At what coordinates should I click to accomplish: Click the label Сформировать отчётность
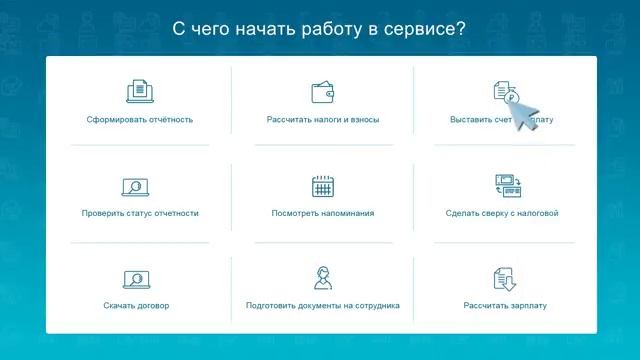tap(139, 120)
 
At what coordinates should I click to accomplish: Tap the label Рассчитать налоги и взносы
tap(322, 120)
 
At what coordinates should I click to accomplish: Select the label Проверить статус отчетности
tap(139, 213)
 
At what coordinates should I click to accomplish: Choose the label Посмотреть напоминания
tap(322, 213)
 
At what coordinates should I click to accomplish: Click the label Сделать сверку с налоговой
tap(502, 213)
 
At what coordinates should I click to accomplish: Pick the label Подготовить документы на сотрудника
tap(322, 305)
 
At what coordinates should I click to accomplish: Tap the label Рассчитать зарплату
tap(504, 305)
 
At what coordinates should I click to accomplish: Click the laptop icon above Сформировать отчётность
tap(139, 92)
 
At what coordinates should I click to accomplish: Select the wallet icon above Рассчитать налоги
tap(322, 92)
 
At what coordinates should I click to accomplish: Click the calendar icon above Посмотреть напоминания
tap(322, 185)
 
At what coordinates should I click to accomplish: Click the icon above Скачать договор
tap(135, 278)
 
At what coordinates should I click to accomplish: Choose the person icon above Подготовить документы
tap(322, 277)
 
